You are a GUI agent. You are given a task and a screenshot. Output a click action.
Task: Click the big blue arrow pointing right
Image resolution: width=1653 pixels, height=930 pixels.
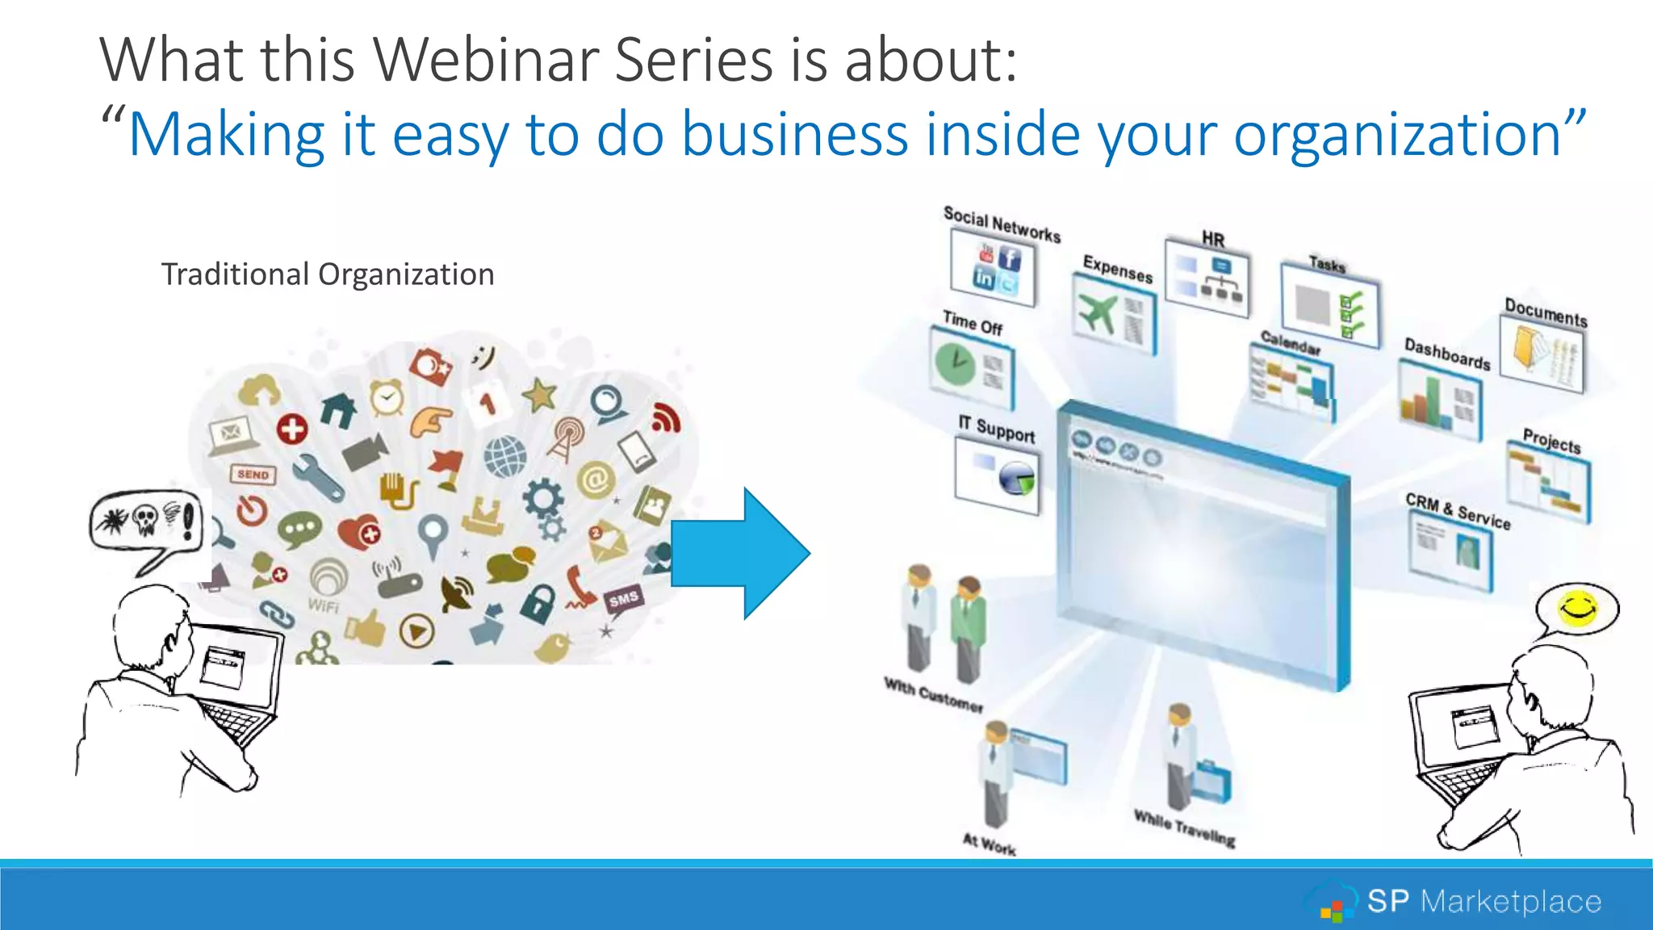pos(739,554)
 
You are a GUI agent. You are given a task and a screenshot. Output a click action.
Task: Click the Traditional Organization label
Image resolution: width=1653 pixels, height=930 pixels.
pos(327,274)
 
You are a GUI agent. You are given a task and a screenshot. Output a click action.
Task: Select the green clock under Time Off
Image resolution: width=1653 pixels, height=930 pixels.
pos(955,362)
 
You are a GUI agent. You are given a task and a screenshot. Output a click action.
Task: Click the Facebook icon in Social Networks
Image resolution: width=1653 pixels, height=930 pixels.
pos(1010,258)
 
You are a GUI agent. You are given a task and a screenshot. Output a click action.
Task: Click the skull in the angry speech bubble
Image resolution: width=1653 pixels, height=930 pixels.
pos(145,521)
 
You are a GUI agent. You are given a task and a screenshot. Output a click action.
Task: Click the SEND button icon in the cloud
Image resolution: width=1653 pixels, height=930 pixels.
pos(253,475)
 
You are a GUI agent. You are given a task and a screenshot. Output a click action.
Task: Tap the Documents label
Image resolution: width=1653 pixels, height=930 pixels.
pos(1545,312)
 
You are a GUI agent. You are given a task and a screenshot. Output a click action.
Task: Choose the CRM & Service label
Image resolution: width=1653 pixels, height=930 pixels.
pos(1457,511)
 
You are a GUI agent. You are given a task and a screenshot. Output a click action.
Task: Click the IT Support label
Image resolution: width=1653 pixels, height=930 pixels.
pos(996,429)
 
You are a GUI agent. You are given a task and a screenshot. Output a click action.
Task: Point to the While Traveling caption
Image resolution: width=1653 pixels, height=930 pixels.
pos(1184,827)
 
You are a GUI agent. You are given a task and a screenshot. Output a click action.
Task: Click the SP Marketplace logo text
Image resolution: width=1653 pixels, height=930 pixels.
pos(1484,901)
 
